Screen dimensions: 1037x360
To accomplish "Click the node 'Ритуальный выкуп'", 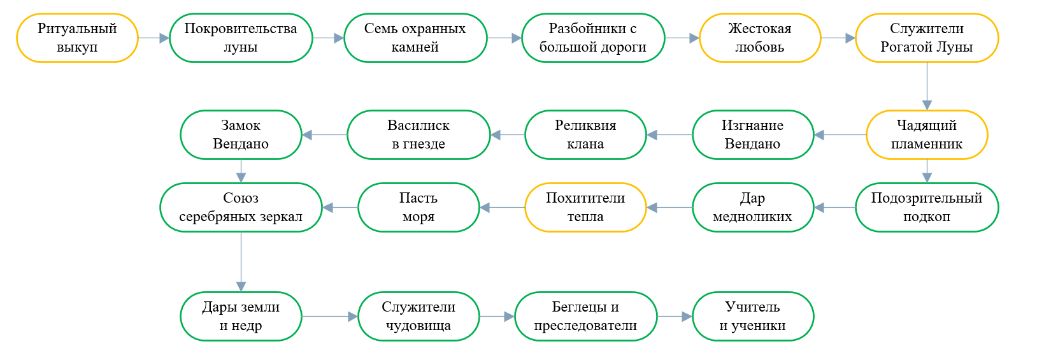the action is tap(77, 38).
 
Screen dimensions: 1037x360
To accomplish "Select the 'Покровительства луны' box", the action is tap(241, 38).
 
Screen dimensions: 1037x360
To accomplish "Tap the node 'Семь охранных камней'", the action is tap(415, 38).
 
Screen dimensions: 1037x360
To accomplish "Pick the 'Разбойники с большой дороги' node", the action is tap(593, 38).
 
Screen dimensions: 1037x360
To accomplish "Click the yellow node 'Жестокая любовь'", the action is tap(760, 38).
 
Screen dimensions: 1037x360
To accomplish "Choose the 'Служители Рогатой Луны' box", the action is tap(927, 38).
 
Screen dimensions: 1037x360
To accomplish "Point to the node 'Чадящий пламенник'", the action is tap(927, 135).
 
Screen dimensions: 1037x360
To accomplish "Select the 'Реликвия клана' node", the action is tap(585, 135).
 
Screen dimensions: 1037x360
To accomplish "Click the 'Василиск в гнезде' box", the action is tap(418, 135).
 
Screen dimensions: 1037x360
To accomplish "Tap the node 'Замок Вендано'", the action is tap(241, 135).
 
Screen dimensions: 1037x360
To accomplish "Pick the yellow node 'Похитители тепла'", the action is tap(585, 208).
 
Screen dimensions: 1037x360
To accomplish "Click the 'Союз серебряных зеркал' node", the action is tap(241, 208).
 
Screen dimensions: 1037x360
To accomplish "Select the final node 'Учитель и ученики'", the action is tap(753, 317).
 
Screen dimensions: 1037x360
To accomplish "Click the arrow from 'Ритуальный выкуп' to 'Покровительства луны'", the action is tap(154, 38).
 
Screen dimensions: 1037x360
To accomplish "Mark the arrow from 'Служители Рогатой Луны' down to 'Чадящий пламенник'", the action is tap(927, 86).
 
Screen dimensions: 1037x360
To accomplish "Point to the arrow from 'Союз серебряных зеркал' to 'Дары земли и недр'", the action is tap(241, 262).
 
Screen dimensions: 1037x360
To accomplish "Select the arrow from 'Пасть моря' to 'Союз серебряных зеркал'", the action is tap(340, 208).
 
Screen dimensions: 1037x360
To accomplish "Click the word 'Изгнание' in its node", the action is tap(753, 125).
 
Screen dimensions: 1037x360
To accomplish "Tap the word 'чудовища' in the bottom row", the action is tap(418, 326).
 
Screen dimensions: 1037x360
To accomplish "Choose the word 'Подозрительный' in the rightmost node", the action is tap(927, 198).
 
